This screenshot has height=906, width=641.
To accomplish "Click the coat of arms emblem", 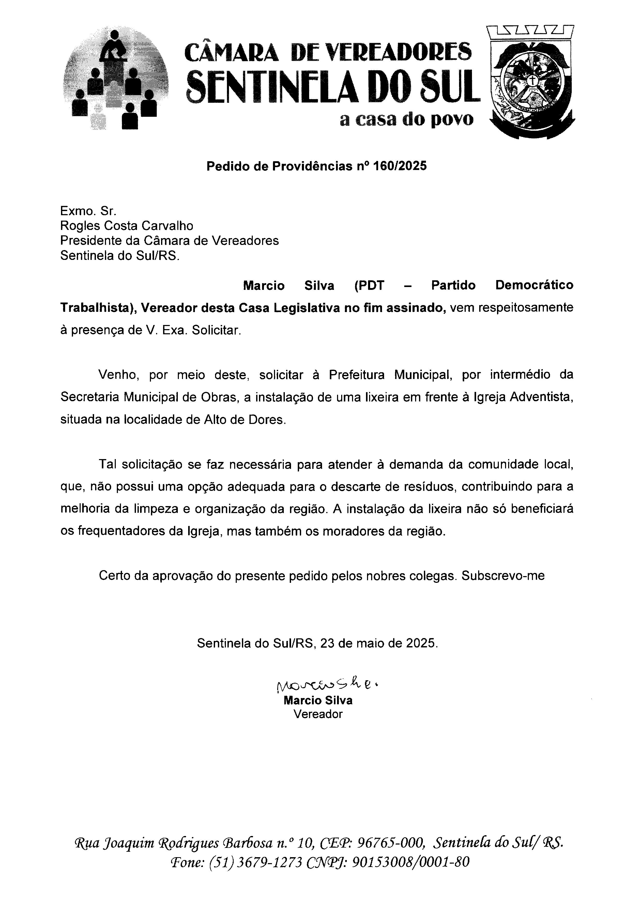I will (531, 82).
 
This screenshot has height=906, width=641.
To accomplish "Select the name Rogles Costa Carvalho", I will (127, 226).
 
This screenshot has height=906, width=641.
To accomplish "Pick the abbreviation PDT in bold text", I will (369, 285).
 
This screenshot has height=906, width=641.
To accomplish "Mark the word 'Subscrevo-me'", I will (503, 576).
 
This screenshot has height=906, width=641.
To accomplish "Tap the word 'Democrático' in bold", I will (534, 285).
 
